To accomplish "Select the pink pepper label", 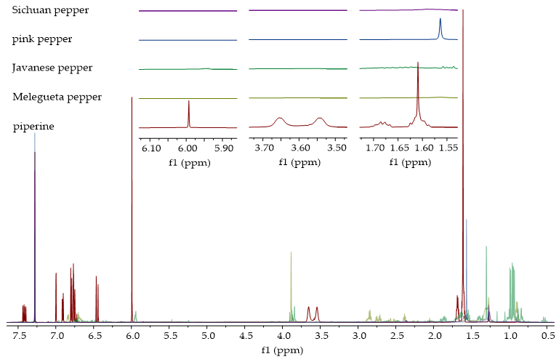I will point(41,39).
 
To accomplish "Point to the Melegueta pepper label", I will point(57,97).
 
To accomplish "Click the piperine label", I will point(33,127).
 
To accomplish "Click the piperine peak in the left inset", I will point(188,103).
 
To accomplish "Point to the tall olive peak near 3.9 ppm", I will point(291,253).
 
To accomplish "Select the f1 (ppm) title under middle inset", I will point(299,162).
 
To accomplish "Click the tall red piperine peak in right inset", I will point(418,65).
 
